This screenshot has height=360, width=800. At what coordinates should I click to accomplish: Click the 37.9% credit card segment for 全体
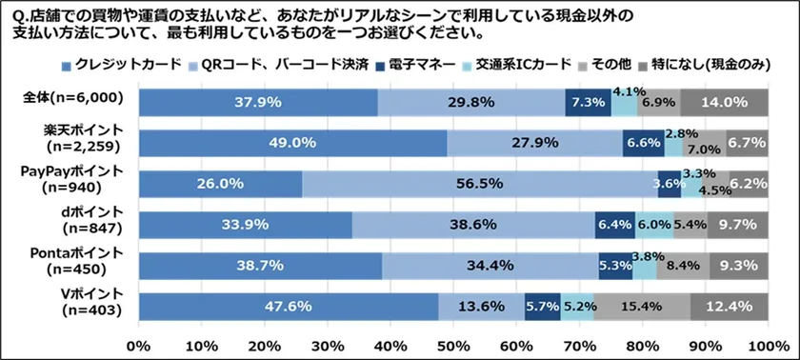point(258,102)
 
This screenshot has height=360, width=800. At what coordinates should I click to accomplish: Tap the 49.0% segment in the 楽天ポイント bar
point(292,143)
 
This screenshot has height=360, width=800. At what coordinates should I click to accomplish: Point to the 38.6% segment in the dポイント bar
point(473,225)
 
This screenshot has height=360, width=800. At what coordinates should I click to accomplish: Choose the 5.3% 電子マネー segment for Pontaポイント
point(614,266)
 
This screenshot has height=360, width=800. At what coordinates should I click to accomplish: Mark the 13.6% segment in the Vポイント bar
point(481,307)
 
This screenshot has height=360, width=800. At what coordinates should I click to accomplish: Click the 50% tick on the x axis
point(453,343)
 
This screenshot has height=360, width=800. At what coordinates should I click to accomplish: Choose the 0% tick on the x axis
point(139,343)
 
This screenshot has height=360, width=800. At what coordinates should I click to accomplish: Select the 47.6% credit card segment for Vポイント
point(289,307)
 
